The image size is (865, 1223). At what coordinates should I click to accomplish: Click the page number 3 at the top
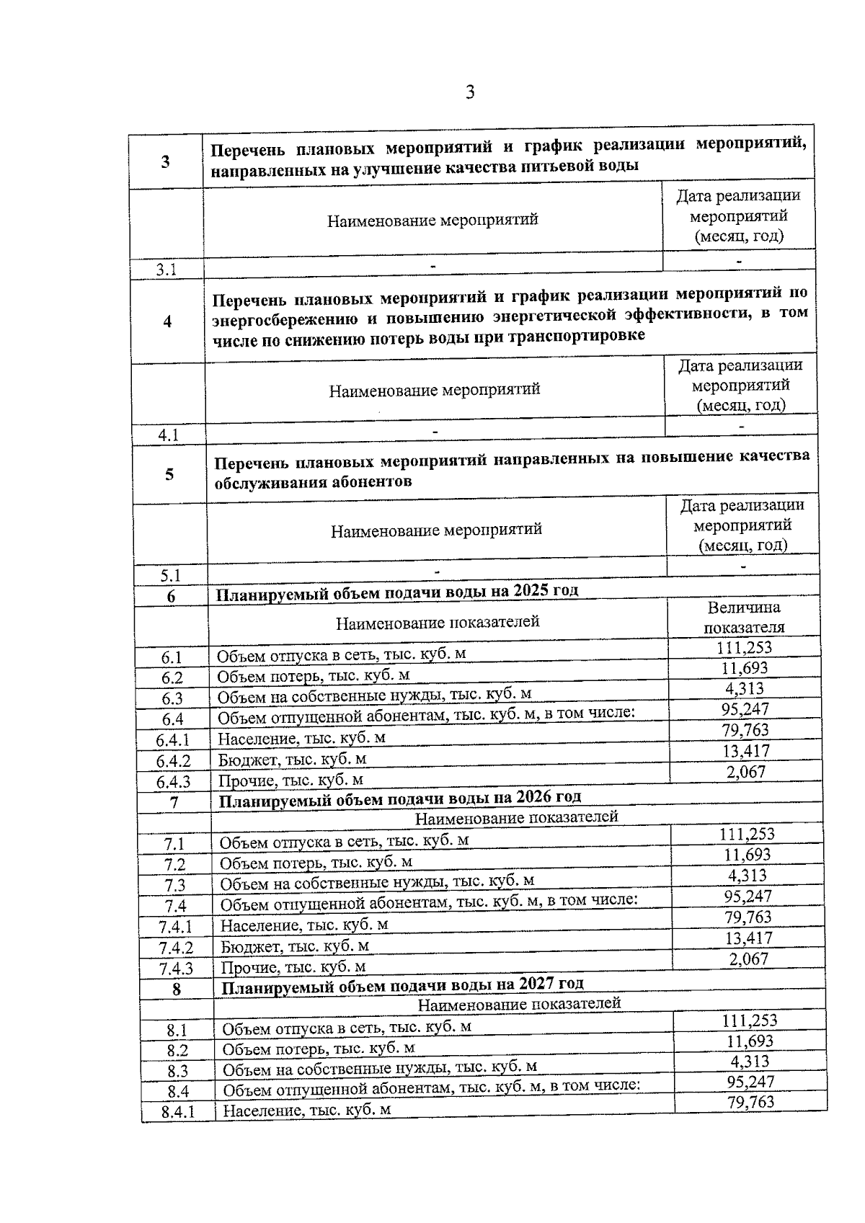(470, 93)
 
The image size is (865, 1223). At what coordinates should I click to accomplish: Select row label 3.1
(167, 270)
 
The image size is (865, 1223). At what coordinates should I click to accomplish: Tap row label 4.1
(169, 435)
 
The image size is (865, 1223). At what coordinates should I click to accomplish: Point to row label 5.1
(170, 575)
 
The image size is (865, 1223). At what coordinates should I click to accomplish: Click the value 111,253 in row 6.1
(744, 647)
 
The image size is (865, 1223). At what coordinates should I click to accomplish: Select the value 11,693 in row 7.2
(748, 855)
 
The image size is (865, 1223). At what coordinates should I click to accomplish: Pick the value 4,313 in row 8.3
(750, 1062)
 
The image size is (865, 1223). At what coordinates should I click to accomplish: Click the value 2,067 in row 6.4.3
(746, 772)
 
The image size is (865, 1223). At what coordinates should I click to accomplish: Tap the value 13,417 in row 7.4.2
(748, 938)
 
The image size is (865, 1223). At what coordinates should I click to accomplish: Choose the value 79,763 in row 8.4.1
(750, 1102)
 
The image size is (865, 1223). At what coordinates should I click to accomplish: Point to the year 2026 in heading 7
(535, 797)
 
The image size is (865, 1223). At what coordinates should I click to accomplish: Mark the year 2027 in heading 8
(538, 984)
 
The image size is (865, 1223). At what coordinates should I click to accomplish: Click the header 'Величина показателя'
(744, 618)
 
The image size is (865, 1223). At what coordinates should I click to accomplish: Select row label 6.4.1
(172, 740)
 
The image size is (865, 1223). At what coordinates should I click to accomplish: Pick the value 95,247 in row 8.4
(750, 1082)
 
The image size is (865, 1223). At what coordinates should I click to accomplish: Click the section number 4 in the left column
(167, 321)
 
